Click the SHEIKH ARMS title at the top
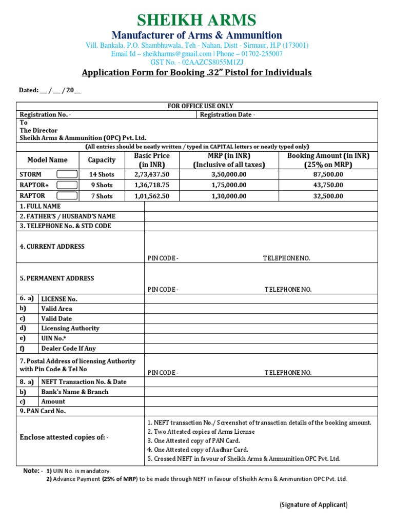pyautogui.click(x=196, y=20)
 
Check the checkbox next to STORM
pyautogui.click(x=67, y=174)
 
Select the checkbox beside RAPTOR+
pyautogui.click(x=67, y=185)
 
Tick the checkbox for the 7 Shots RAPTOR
pyautogui.click(x=67, y=196)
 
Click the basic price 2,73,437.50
pyautogui.click(x=151, y=174)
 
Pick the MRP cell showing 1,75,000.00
pyautogui.click(x=229, y=185)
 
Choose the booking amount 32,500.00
pyautogui.click(x=328, y=196)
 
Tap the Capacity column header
pyautogui.click(x=101, y=160)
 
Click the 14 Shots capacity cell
pyautogui.click(x=101, y=174)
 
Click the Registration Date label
pyautogui.click(x=227, y=115)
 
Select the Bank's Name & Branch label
pyautogui.click(x=75, y=392)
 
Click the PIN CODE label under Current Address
pyautogui.click(x=163, y=258)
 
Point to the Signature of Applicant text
pyautogui.click(x=313, y=505)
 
